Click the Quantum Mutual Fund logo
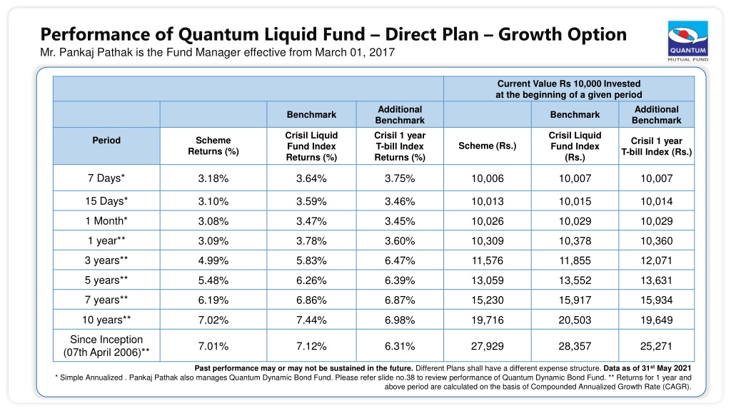coord(687,41)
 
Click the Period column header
coord(106,141)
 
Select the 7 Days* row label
coord(106,178)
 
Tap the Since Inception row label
coord(106,346)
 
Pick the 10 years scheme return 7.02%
coord(213,320)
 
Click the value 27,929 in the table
coord(487,346)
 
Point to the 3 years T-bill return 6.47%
coord(400,260)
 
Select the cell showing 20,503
coord(575,320)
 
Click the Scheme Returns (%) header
coord(213,146)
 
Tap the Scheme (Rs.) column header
coord(487,146)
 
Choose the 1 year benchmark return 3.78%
coord(311,241)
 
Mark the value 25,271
coord(656,346)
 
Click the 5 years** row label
coord(106,280)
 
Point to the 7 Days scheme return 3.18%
coord(213,178)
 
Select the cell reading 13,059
coord(487,280)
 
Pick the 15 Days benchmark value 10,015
coord(575,201)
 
